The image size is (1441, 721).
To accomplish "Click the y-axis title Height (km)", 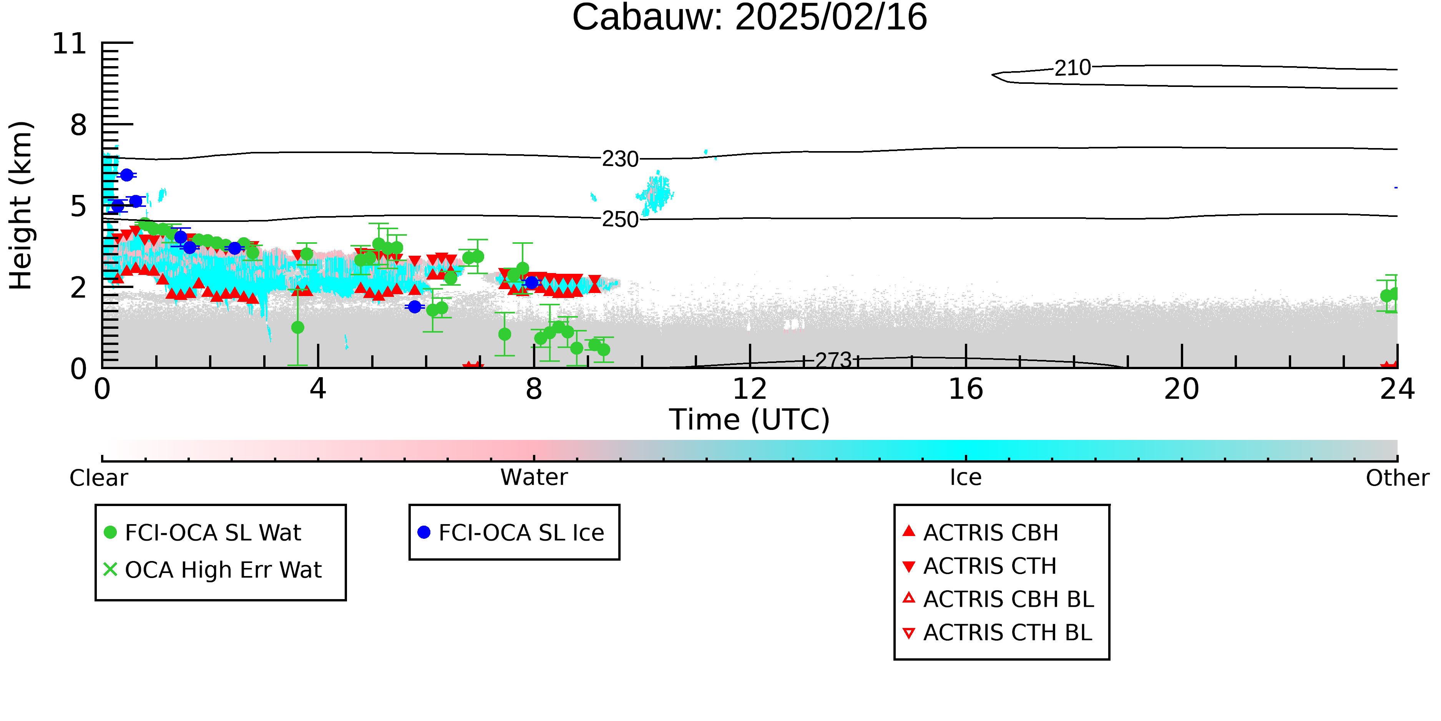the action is [x=21, y=205].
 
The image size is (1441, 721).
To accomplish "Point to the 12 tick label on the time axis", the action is [x=750, y=389].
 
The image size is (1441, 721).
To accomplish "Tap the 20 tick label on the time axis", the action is [x=1182, y=389].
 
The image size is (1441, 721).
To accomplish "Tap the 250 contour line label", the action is [x=620, y=220].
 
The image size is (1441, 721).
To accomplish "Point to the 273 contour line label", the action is [x=833, y=360].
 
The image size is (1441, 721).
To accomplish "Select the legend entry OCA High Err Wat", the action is [x=212, y=570].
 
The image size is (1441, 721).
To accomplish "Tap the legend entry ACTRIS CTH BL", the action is [x=998, y=633].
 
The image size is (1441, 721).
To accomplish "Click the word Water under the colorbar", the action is [x=534, y=478].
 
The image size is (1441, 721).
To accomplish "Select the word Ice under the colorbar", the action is [x=966, y=478].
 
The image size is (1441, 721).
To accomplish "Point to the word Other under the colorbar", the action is [x=1397, y=478].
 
